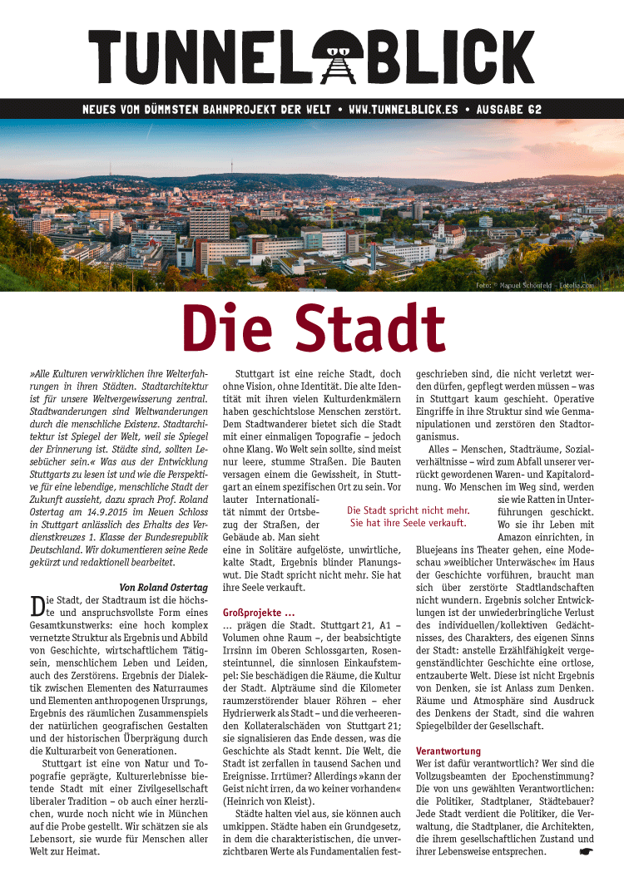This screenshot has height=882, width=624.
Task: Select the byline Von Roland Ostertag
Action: [164, 588]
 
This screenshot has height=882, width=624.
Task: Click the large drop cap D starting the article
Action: [37, 606]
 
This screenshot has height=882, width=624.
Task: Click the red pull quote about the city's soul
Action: [408, 516]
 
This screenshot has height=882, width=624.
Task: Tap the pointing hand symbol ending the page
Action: [585, 851]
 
